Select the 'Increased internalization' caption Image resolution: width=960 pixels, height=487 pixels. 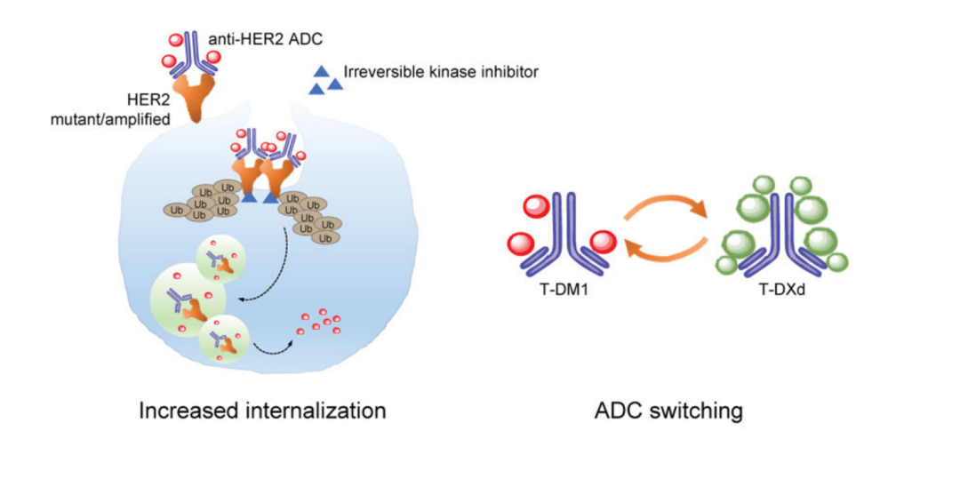[x=261, y=411]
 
